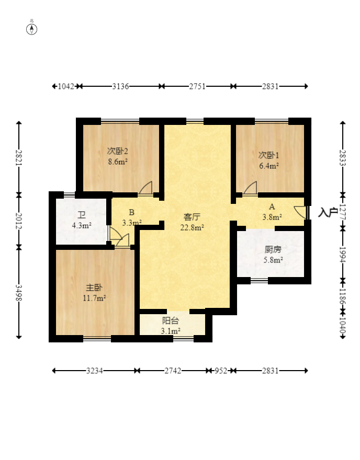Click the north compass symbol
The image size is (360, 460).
(32, 29)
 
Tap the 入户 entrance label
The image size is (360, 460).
(328, 212)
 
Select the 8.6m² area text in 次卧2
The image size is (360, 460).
(118, 162)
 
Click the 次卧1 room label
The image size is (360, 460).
(268, 155)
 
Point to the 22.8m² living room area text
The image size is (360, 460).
(192, 227)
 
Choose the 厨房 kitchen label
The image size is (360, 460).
(273, 249)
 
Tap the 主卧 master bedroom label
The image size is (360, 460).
(94, 287)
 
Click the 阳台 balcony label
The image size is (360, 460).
(170, 320)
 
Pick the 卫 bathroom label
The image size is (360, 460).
(81, 215)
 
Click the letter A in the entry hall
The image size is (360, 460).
(272, 207)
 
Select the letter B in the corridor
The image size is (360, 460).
(131, 212)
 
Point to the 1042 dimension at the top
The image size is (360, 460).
(66, 86)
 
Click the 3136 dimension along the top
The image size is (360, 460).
(120, 86)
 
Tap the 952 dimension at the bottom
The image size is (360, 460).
(221, 371)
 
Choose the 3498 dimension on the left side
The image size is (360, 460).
(19, 293)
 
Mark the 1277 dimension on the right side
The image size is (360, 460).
(343, 212)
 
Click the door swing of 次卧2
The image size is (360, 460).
(146, 188)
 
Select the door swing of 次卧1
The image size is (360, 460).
(250, 188)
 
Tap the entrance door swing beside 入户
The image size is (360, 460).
(300, 212)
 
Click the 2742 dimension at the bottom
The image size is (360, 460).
(173, 371)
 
